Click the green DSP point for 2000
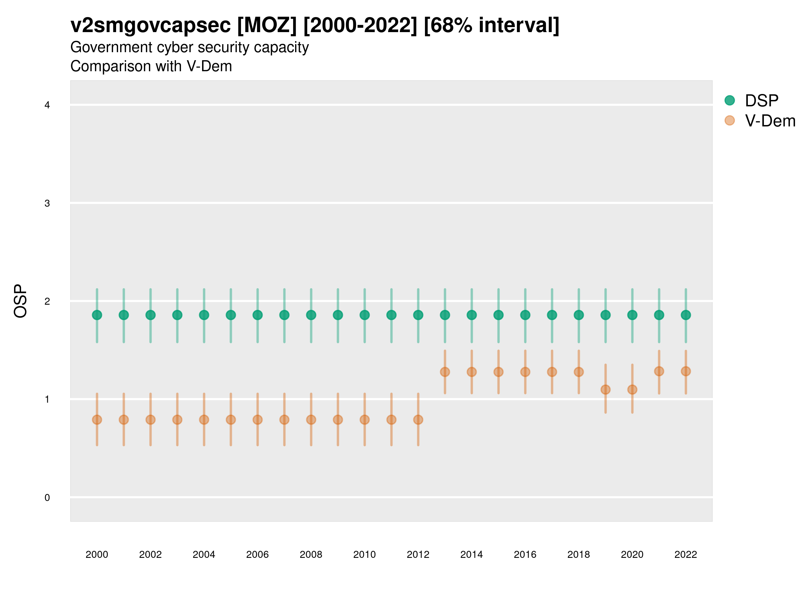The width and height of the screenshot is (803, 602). point(97,315)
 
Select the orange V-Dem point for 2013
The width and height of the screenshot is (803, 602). point(445,372)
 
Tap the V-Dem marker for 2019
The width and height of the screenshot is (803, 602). point(606,390)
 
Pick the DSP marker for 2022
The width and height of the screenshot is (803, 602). point(686,315)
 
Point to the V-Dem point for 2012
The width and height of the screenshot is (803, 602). point(418,420)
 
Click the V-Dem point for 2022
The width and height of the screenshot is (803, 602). point(686,371)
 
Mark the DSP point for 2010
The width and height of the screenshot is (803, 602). point(364,315)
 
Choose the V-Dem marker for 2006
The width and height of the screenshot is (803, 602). point(257,420)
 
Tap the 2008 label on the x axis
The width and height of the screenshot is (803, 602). point(311,555)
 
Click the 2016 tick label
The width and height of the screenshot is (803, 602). point(525,555)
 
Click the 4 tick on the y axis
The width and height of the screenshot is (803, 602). point(47,105)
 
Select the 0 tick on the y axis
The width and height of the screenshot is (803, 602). point(47,498)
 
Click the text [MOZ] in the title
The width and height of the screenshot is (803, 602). point(267,25)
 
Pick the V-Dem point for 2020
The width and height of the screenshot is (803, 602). point(632,390)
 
